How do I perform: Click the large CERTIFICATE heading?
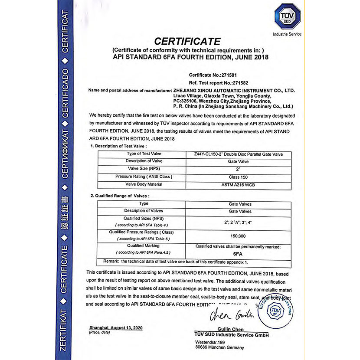click(x=188, y=42)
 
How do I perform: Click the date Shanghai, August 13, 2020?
click(x=115, y=327)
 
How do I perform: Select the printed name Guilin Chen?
click(x=232, y=329)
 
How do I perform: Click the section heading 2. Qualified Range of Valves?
click(x=120, y=196)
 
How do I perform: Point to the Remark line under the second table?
click(x=175, y=262)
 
